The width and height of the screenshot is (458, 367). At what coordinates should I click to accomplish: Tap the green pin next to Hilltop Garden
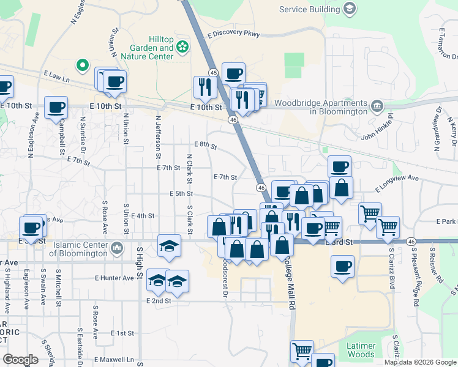pos(183,46)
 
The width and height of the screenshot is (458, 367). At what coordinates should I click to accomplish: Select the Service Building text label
pos(309,9)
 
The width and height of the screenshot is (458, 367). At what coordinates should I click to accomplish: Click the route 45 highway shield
pos(212,72)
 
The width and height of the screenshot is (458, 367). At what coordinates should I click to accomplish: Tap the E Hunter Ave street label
pos(114,278)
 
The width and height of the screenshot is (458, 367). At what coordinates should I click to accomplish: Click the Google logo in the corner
pos(21,359)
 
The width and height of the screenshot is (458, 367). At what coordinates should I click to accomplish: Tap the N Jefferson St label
pos(159,134)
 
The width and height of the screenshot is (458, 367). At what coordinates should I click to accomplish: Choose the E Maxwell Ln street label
pos(113,360)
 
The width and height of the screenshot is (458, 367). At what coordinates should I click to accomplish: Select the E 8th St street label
pos(205,144)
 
